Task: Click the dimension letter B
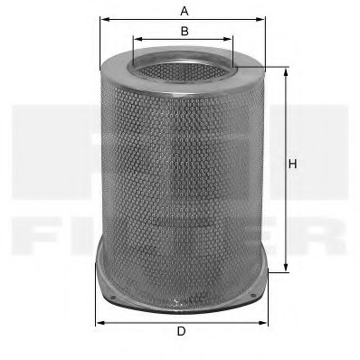pos(184,31)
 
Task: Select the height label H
pos(292,164)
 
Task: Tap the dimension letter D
pos(181,331)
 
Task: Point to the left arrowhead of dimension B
pos(136,41)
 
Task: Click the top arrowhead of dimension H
pos(287,71)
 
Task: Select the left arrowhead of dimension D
pos(99,321)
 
